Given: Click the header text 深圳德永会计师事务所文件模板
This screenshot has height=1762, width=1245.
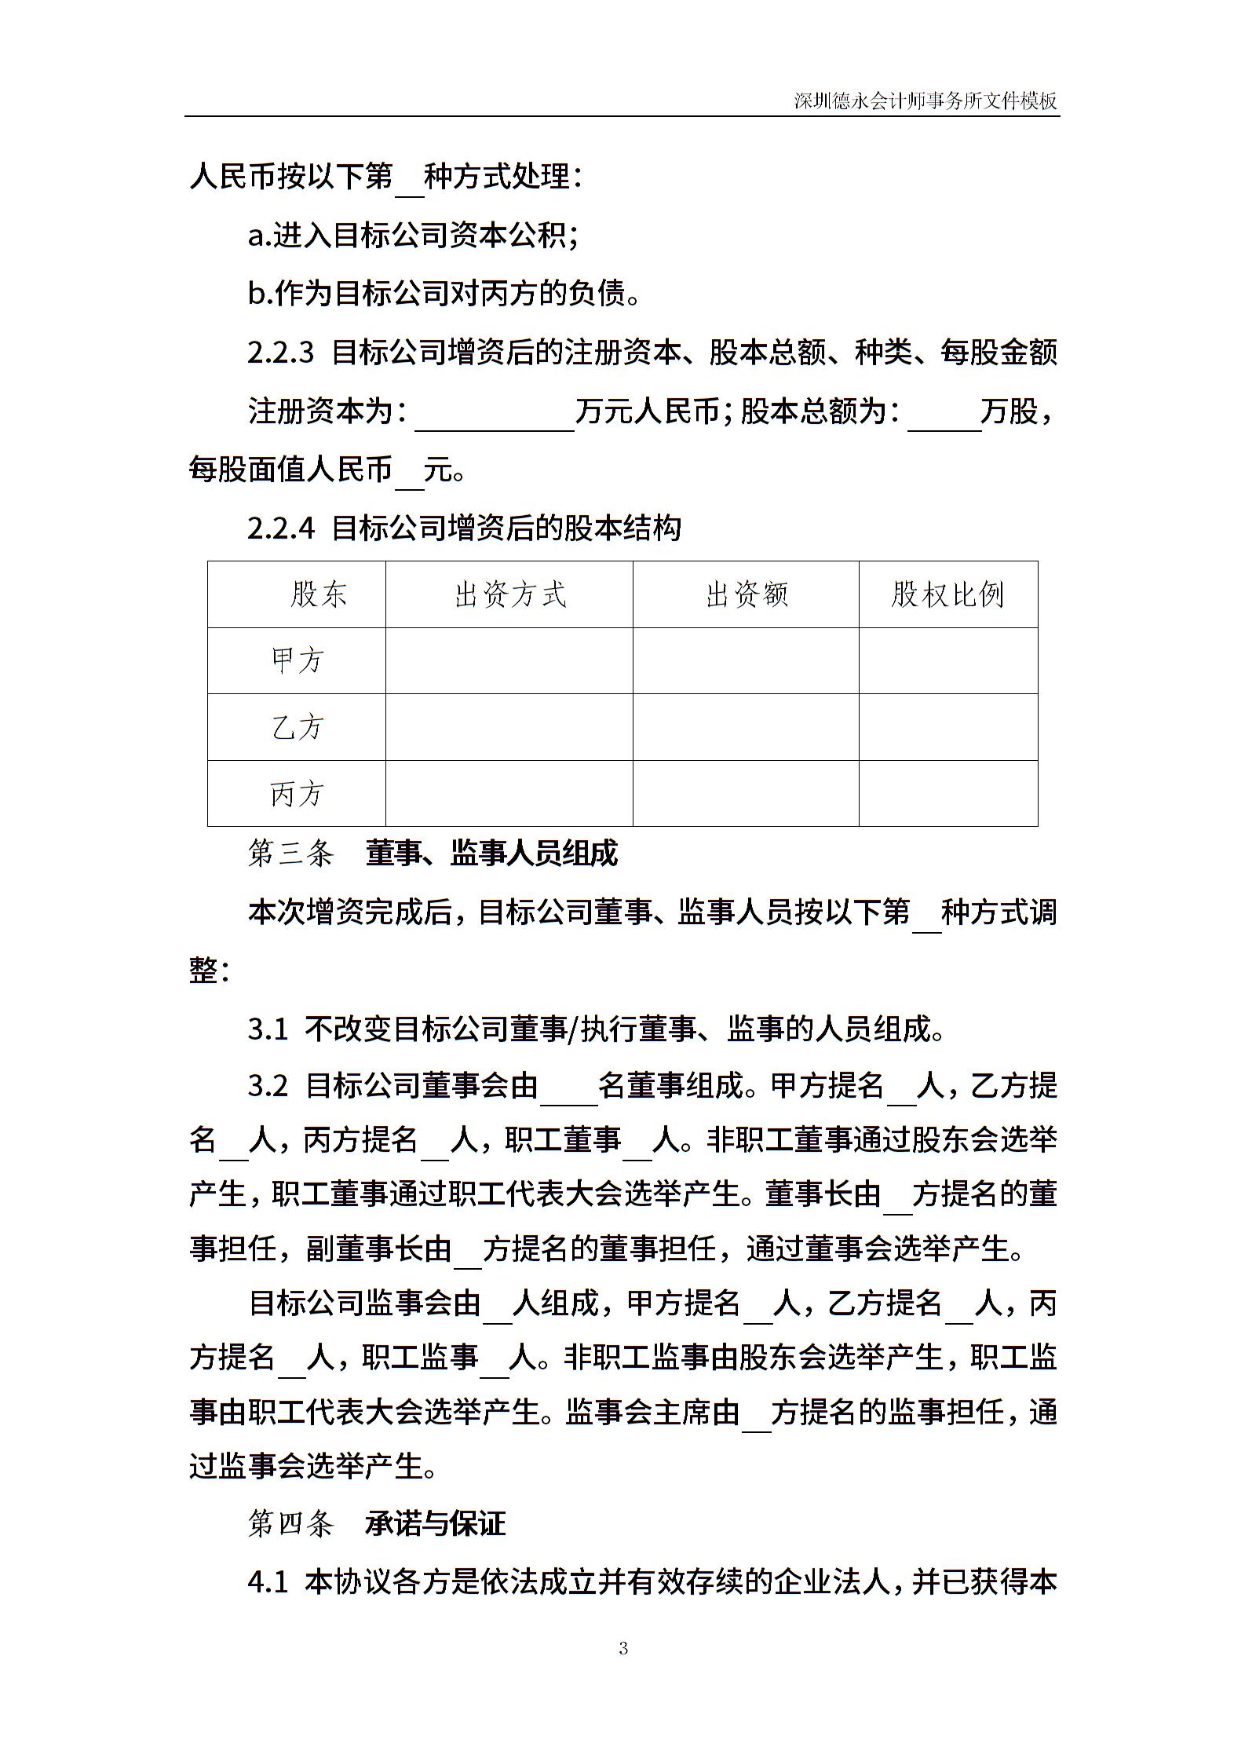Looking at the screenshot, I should click(x=926, y=101).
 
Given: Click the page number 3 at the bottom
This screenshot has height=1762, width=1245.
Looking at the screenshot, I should click(x=623, y=1648).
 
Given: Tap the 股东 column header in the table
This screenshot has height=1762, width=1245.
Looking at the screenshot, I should click(x=318, y=594).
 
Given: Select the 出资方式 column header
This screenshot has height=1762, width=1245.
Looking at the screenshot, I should click(x=510, y=594).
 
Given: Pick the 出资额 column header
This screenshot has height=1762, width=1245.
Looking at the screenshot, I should click(x=747, y=594).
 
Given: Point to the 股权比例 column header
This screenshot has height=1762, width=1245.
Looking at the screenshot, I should click(x=947, y=594).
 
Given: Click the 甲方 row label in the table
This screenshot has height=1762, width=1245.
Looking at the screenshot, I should click(x=297, y=660).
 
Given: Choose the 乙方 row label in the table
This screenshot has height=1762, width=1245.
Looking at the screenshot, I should click(x=297, y=727).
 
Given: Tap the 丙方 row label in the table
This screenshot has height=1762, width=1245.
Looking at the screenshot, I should click(x=297, y=794).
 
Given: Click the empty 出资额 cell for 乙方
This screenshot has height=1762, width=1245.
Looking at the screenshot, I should click(x=746, y=727).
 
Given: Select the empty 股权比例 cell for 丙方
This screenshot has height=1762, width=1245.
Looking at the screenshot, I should click(x=948, y=794).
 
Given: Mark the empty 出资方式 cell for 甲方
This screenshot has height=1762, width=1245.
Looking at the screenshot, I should click(x=509, y=660).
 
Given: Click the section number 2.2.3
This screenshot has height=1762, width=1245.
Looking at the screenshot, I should click(x=280, y=353).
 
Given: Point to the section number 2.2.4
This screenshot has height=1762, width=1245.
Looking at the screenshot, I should click(x=280, y=528).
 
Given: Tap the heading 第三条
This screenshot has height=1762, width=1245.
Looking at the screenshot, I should click(x=290, y=854).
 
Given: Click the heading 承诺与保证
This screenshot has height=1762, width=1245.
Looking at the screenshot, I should click(x=436, y=1524).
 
